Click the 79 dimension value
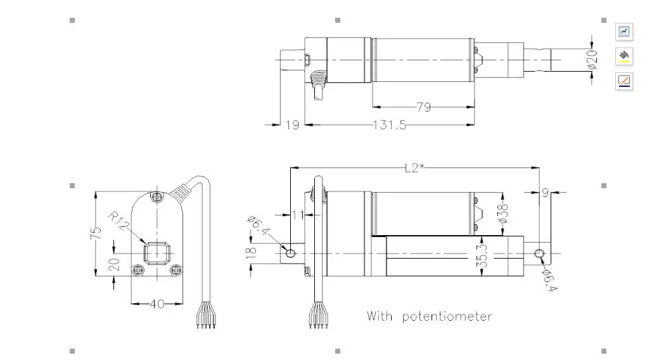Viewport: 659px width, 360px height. point(423,107)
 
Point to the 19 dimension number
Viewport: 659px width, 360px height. point(291,125)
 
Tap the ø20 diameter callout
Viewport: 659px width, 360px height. point(592,59)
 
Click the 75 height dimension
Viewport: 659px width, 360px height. point(97,233)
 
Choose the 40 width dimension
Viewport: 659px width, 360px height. point(157,304)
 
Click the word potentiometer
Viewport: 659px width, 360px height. point(447,316)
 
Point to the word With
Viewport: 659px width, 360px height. point(380,316)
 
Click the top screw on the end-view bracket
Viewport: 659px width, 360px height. point(157,197)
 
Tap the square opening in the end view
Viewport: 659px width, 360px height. point(157,252)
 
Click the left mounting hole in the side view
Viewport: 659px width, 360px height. point(290,253)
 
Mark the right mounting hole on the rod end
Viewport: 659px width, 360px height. point(539,254)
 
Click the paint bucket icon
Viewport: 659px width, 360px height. point(625,56)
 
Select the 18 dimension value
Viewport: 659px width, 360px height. point(252,252)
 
